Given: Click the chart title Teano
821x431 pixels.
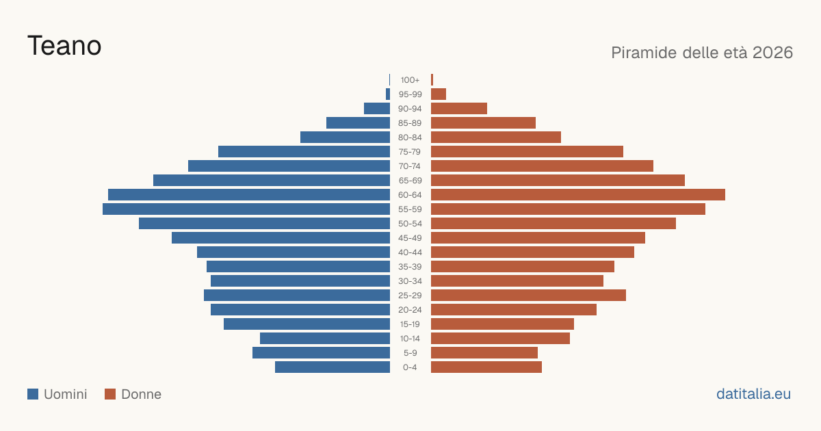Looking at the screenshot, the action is pyautogui.click(x=64, y=46).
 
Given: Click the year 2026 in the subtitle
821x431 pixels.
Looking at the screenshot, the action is pyautogui.click(x=772, y=53).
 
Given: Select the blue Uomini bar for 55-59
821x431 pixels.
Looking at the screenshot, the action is pyautogui.click(x=246, y=209).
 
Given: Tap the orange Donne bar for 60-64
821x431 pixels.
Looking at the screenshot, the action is pyautogui.click(x=578, y=194).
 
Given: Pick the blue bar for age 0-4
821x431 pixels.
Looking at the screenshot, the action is pyautogui.click(x=333, y=367).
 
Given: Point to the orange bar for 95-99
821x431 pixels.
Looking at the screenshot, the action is pyautogui.click(x=439, y=94).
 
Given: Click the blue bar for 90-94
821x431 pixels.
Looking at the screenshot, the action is pyautogui.click(x=377, y=109).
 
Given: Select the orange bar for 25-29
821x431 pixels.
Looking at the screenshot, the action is pyautogui.click(x=528, y=295).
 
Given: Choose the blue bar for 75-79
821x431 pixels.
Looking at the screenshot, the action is pyautogui.click(x=304, y=151).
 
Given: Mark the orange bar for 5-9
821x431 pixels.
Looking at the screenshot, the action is pyautogui.click(x=484, y=352).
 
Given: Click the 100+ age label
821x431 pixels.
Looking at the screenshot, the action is pyautogui.click(x=410, y=80).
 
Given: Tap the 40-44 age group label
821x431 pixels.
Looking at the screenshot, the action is pyautogui.click(x=410, y=252).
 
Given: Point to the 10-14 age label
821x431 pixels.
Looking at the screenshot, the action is pyautogui.click(x=410, y=338).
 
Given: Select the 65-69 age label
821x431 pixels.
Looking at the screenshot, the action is pyautogui.click(x=410, y=181).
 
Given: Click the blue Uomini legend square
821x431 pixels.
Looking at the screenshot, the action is pyautogui.click(x=33, y=394).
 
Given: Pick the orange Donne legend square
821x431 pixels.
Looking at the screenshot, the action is pyautogui.click(x=110, y=394).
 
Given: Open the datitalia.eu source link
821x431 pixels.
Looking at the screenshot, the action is pyautogui.click(x=753, y=394).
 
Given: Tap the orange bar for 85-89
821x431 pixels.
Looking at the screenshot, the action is pyautogui.click(x=483, y=122).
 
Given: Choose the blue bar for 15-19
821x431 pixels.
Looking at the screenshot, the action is pyautogui.click(x=307, y=324).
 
